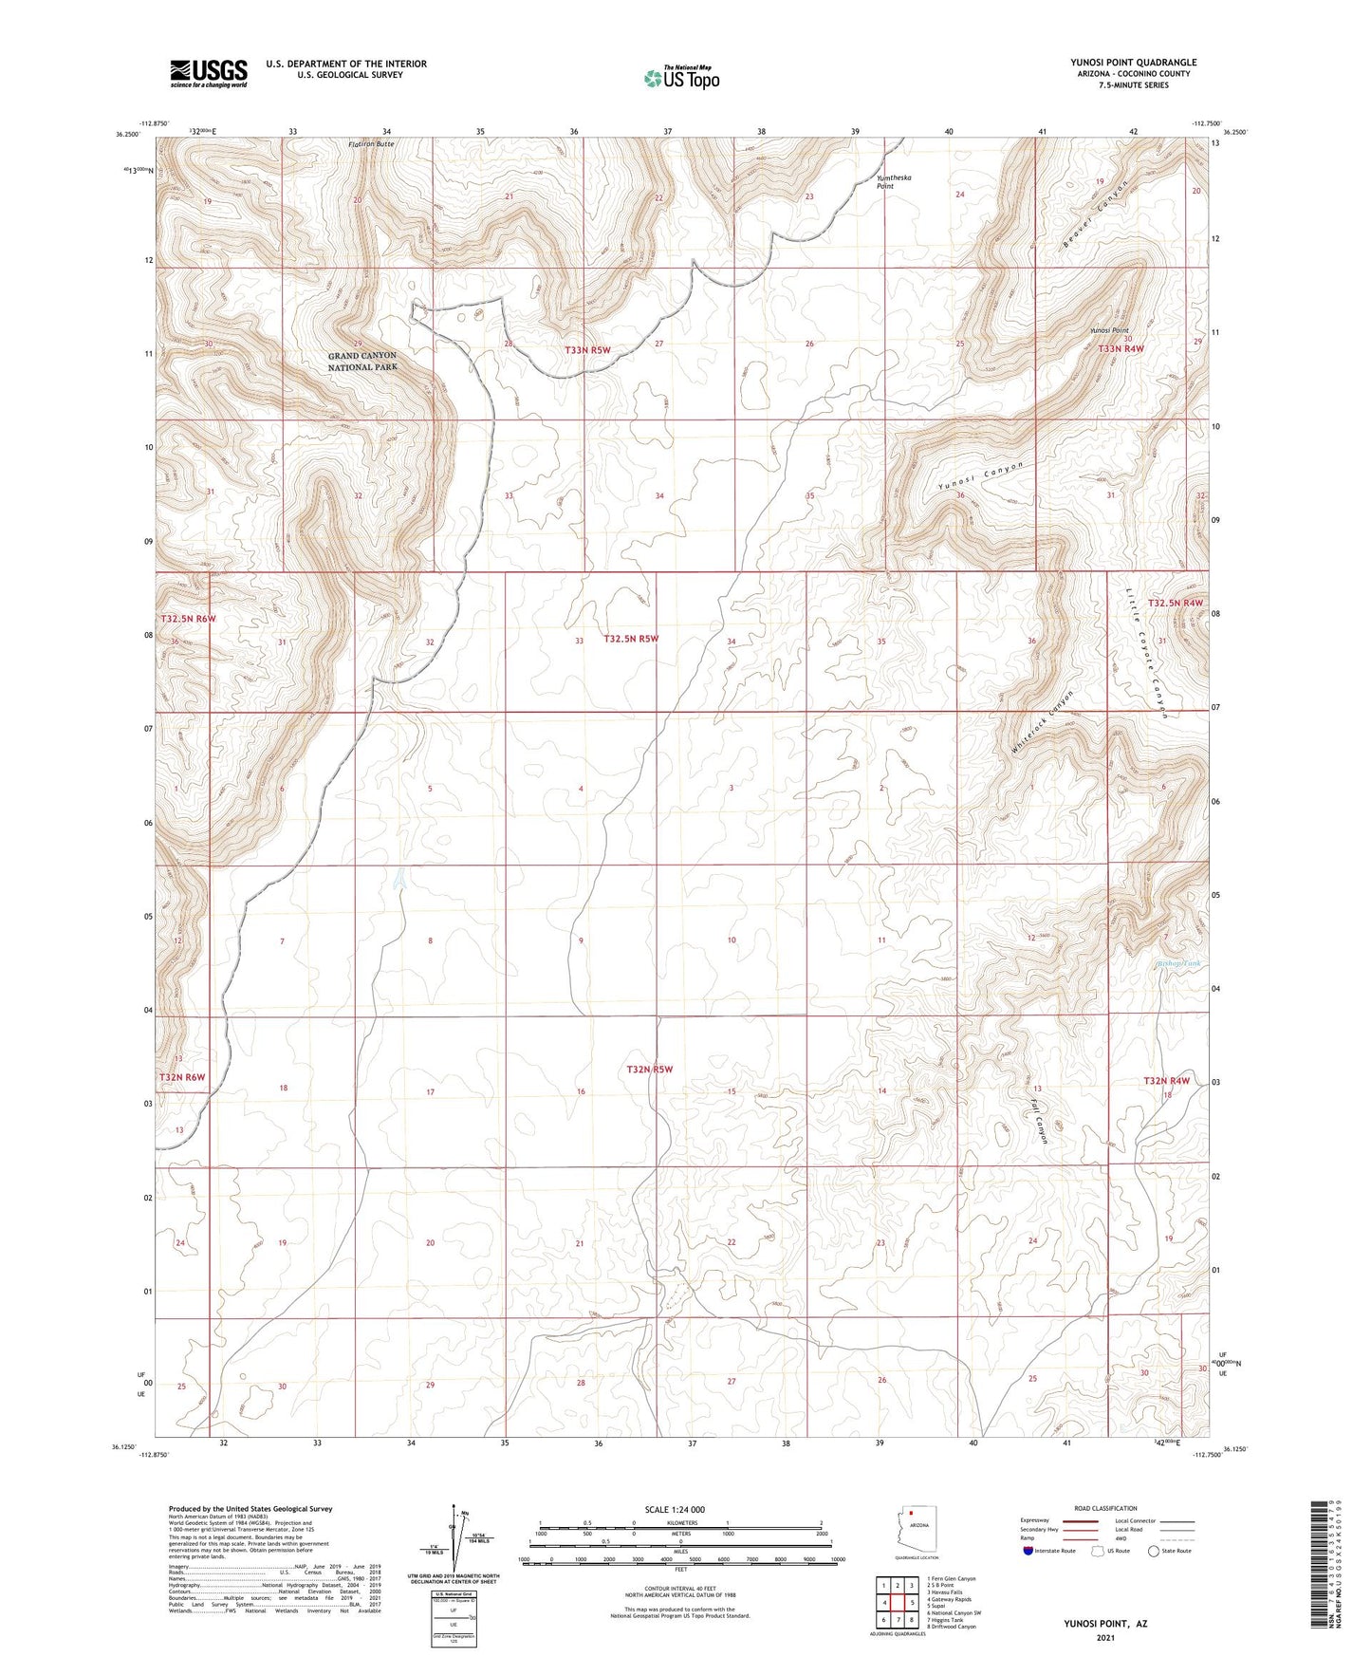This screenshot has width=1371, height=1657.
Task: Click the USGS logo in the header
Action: pyautogui.click(x=209, y=73)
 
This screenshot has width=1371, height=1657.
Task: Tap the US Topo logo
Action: pyautogui.click(x=681, y=78)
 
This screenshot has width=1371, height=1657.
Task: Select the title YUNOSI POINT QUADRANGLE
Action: pyautogui.click(x=1133, y=63)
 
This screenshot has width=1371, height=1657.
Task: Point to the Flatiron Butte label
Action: pyautogui.click(x=370, y=143)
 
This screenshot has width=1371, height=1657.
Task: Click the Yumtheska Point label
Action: pyautogui.click(x=885, y=182)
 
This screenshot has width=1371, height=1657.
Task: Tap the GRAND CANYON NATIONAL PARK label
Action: pyautogui.click(x=362, y=361)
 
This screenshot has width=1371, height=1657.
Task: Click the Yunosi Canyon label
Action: pyautogui.click(x=981, y=477)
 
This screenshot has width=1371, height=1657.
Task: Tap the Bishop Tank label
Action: pyautogui.click(x=1179, y=964)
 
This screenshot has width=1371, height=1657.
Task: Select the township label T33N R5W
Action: pyautogui.click(x=587, y=350)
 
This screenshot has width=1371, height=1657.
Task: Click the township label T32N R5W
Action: pyautogui.click(x=649, y=1070)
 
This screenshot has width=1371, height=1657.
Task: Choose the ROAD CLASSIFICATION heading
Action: pyautogui.click(x=1105, y=1508)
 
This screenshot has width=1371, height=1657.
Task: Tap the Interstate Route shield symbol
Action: pyautogui.click(x=1028, y=1551)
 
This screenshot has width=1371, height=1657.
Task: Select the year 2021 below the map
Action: pyautogui.click(x=1104, y=1636)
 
